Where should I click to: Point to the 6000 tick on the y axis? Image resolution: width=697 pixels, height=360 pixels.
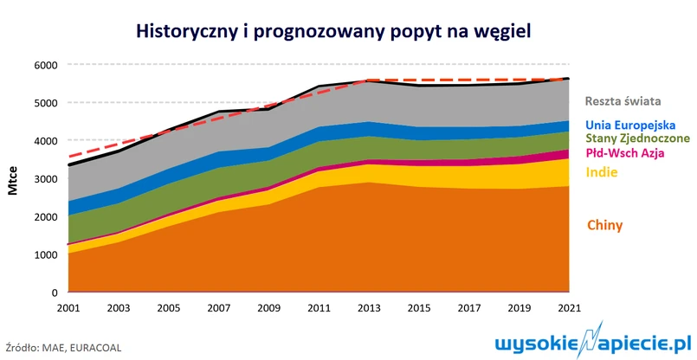44,65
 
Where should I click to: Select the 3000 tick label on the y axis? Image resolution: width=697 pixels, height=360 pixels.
44,179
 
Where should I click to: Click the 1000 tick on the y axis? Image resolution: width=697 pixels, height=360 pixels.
44,255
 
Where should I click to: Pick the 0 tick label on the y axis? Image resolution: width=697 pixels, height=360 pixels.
53,293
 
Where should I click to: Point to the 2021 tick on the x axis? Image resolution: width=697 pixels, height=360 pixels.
568,309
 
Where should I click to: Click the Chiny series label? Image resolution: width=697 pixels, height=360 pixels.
605,226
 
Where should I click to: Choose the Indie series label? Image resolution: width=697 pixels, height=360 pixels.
603,172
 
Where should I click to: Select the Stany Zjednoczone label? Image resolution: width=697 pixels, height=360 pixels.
637,138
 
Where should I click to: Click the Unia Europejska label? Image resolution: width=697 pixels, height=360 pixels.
630,125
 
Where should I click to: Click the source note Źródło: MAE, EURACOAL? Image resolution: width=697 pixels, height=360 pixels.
63,345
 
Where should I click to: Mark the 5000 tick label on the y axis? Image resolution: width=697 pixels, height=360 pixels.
44,103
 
